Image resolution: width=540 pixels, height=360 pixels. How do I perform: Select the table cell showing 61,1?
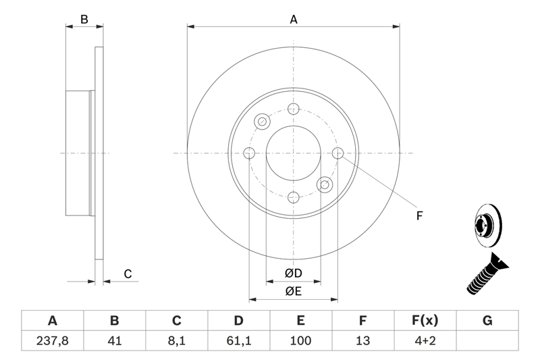[239, 341]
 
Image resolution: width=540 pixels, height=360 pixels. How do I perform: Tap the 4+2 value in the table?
[425, 341]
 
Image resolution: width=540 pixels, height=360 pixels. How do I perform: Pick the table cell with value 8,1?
[177, 341]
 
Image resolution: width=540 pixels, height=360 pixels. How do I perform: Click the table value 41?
[114, 341]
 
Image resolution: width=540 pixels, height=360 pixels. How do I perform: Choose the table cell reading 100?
[301, 341]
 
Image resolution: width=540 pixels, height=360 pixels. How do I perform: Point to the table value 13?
[363, 341]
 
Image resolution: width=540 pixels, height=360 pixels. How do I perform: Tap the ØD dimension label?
[293, 274]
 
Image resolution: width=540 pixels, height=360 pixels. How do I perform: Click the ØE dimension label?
[293, 292]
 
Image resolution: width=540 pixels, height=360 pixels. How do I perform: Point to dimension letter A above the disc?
[294, 20]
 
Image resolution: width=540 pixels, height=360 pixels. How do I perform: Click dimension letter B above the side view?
[84, 20]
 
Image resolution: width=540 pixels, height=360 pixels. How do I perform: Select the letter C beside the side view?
[126, 274]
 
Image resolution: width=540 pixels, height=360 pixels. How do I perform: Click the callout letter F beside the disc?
[418, 216]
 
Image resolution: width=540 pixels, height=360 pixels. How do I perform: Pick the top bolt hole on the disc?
[293, 109]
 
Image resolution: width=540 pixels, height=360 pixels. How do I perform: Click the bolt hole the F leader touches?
[337, 153]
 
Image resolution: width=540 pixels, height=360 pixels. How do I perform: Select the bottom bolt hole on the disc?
[293, 197]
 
